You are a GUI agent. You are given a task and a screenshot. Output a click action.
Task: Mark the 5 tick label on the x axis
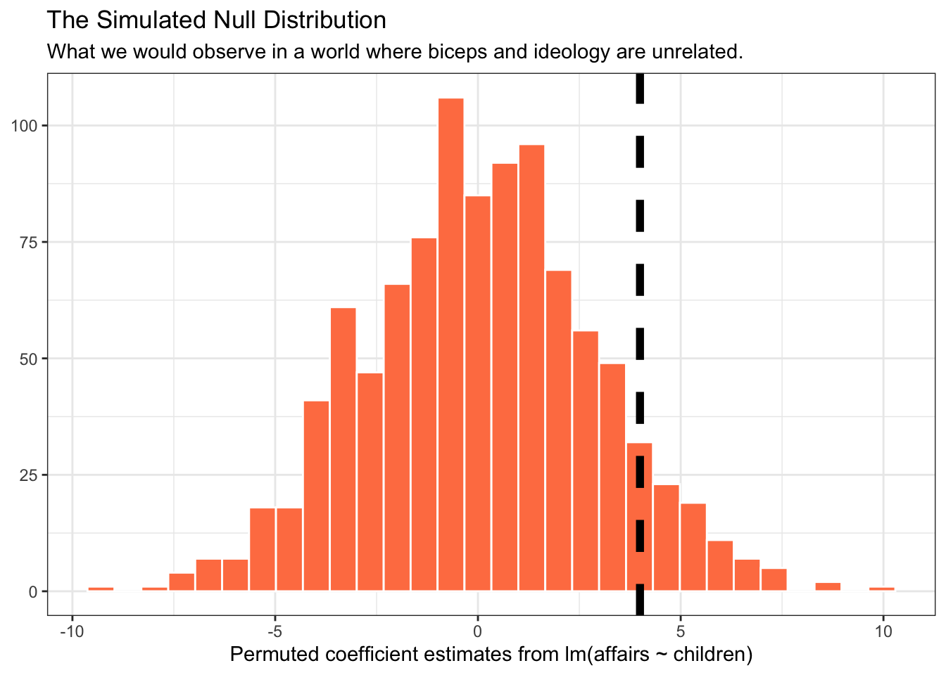point(681,631)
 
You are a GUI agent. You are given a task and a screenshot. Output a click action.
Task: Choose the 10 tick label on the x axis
point(883,631)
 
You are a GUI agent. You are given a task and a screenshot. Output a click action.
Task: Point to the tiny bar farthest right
point(882,589)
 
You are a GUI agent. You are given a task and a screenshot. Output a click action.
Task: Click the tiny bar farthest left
point(101,589)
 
